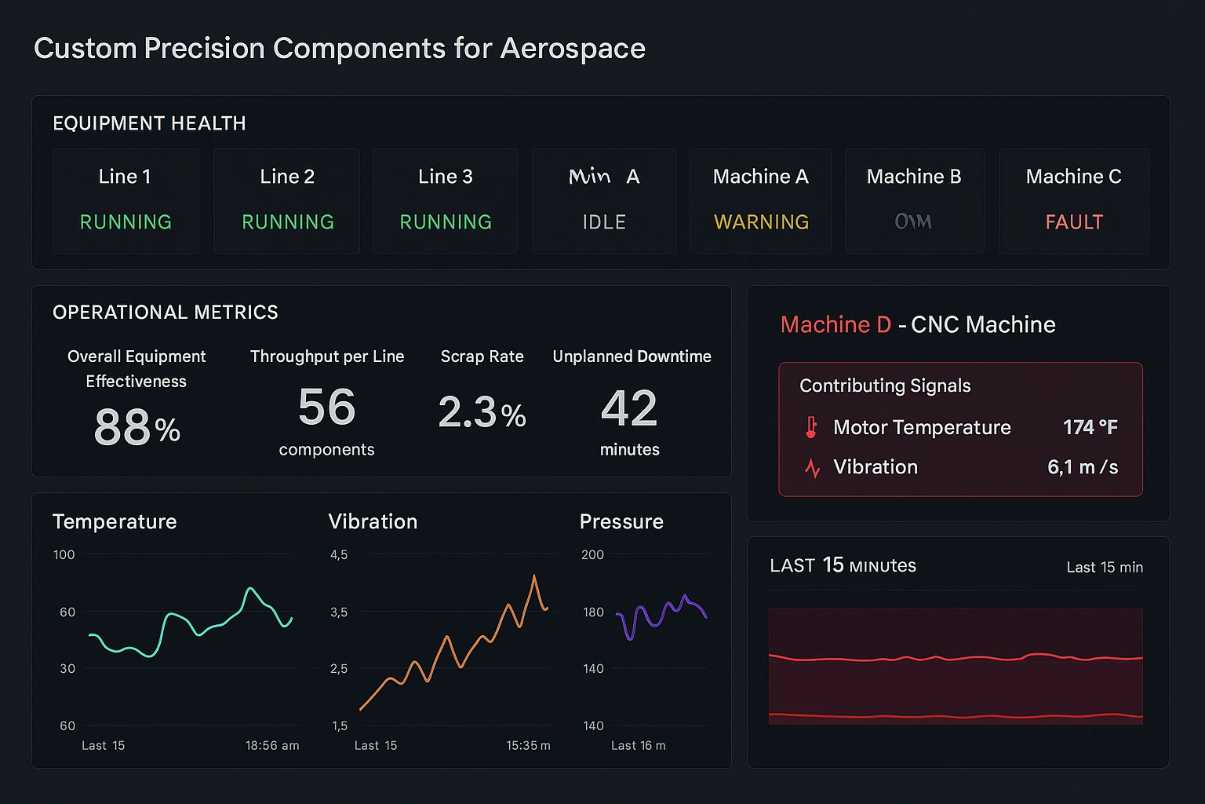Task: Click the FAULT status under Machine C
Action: click(1074, 222)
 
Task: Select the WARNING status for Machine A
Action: click(761, 222)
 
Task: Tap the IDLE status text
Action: click(604, 222)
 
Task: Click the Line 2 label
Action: click(287, 177)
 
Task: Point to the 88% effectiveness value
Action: click(137, 428)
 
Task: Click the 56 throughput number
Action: click(326, 407)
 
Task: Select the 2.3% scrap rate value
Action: click(482, 412)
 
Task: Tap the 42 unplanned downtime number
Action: click(629, 409)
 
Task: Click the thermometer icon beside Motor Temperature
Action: click(812, 427)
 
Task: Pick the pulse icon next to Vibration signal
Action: click(813, 468)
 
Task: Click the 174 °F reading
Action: click(1090, 427)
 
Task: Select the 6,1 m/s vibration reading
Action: click(1083, 467)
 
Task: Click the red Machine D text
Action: click(835, 324)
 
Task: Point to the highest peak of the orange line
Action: click(534, 576)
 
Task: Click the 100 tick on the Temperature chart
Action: click(64, 554)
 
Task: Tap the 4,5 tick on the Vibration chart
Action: click(339, 554)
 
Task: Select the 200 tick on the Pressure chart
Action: click(592, 554)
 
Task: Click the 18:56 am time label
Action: click(272, 745)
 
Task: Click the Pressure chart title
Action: click(621, 521)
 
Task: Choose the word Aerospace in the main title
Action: click(573, 49)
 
